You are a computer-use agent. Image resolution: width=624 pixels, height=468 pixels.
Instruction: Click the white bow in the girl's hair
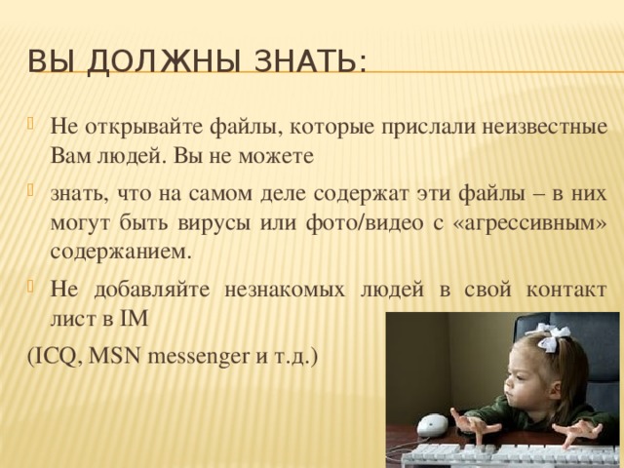[x=552, y=337]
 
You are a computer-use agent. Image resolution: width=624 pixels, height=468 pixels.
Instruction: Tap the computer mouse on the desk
[x=432, y=425]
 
